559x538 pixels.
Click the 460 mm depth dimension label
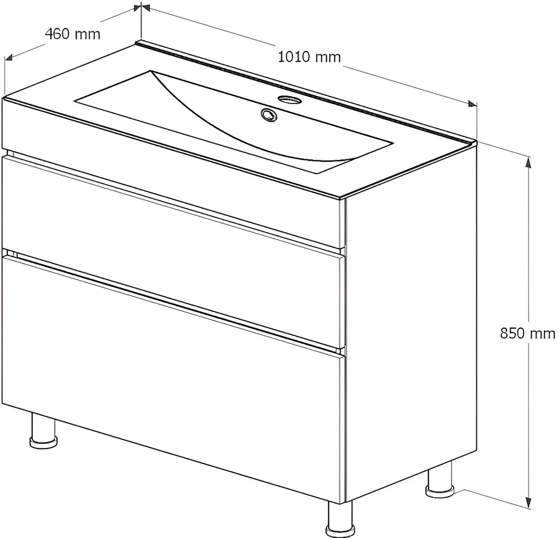click(73, 34)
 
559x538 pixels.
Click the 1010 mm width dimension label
click(309, 57)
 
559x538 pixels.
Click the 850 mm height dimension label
click(528, 334)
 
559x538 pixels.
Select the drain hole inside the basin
click(269, 115)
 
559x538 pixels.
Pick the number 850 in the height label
click(512, 334)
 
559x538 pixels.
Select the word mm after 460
click(88, 35)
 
